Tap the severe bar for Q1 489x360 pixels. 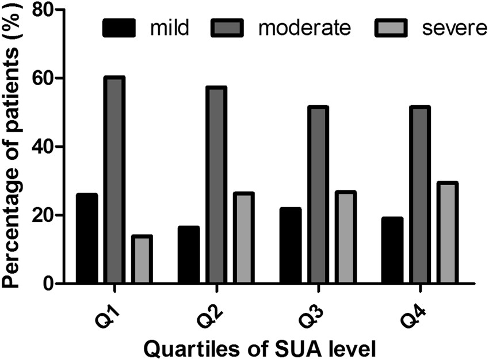pyautogui.click(x=141, y=259)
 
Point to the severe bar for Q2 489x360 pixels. pyautogui.click(x=243, y=238)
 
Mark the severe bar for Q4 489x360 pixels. pyautogui.click(x=446, y=233)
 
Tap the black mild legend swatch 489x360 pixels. pyautogui.click(x=119, y=28)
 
